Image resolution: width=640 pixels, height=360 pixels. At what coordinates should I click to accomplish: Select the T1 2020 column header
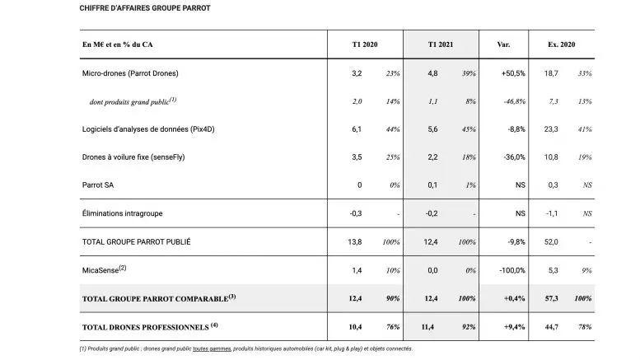(365, 44)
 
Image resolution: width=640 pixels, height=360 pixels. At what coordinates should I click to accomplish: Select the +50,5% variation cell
(512, 73)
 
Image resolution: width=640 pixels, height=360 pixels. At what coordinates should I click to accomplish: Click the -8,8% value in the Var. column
(515, 129)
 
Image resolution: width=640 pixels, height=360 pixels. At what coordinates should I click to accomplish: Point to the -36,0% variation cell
(513, 157)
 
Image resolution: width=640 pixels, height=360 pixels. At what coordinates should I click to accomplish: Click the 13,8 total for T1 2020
(355, 241)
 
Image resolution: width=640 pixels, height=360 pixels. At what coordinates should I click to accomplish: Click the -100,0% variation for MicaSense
(512, 269)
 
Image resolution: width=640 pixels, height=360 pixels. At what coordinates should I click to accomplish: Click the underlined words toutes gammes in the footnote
(212, 348)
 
